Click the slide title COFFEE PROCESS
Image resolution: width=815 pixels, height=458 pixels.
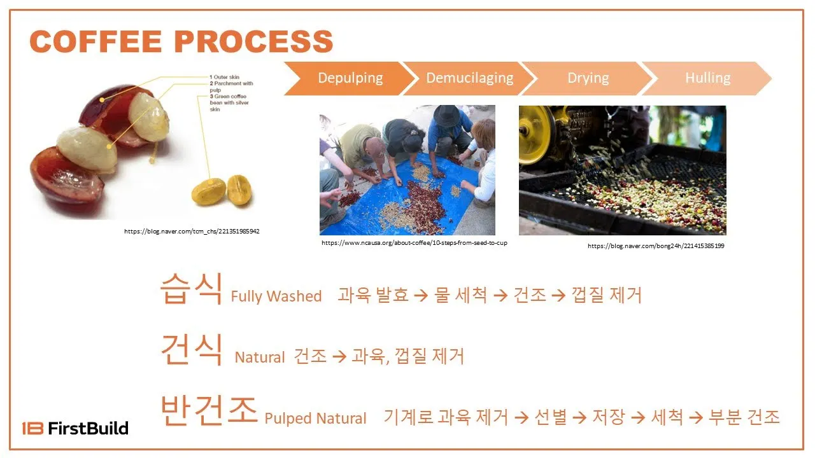[181, 42]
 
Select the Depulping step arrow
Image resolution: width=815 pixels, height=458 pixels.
[350, 78]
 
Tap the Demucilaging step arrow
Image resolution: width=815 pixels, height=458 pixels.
[469, 78]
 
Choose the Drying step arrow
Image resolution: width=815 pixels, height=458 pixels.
[588, 78]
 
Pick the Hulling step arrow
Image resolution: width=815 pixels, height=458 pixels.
[707, 78]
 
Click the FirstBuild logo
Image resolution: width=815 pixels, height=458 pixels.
[75, 428]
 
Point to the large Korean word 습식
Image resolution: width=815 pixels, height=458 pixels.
[191, 289]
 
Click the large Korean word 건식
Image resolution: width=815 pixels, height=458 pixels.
[191, 350]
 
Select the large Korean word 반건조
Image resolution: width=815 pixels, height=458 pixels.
[209, 411]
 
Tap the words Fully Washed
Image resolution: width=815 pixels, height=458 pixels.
[276, 296]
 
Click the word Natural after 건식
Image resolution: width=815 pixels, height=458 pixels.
[260, 357]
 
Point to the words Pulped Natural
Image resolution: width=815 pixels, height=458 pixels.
[315, 419]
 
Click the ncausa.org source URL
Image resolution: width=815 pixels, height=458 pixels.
[415, 242]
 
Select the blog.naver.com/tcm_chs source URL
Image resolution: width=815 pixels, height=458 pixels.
[192, 231]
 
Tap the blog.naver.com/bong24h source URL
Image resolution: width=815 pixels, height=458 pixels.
[656, 246]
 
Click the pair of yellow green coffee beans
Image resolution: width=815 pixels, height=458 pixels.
[223, 191]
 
